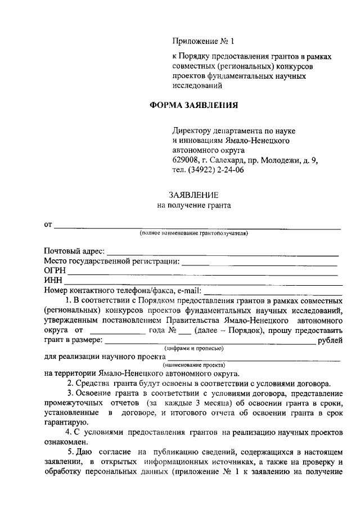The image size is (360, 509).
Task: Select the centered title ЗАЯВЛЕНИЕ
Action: click(x=193, y=195)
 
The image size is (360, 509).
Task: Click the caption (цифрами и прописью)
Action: click(x=193, y=349)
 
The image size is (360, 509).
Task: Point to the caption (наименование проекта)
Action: click(x=193, y=365)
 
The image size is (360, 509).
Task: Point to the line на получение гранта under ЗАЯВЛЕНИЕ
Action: click(x=193, y=206)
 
